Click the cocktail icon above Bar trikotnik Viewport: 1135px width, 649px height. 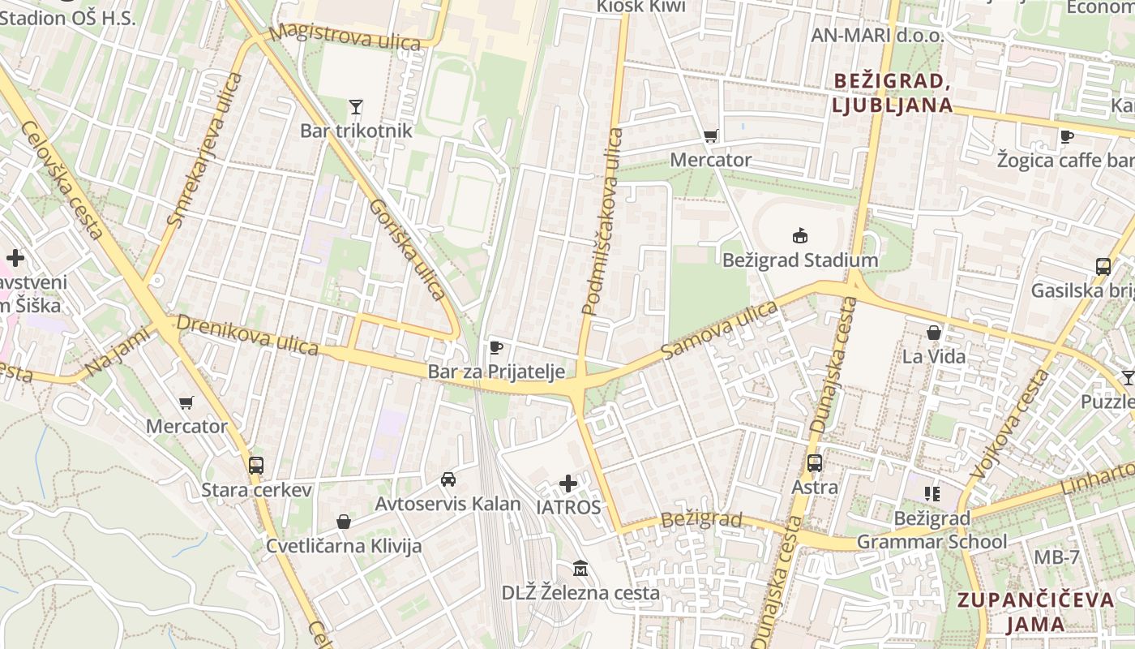click(x=355, y=106)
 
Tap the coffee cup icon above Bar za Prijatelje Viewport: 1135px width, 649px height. click(x=496, y=348)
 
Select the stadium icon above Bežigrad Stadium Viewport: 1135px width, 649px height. click(x=800, y=236)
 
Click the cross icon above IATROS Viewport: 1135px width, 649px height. click(x=568, y=484)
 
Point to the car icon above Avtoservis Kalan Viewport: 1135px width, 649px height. click(x=448, y=479)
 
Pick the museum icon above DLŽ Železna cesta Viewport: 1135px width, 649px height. click(x=580, y=568)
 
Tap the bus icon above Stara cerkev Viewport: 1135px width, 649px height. click(x=256, y=466)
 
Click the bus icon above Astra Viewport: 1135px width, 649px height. click(x=815, y=463)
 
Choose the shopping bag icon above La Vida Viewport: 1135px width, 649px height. click(x=934, y=333)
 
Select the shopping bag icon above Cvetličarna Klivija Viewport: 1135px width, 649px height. click(x=344, y=522)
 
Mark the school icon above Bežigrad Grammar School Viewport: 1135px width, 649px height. click(x=932, y=493)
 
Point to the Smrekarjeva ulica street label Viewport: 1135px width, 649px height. click(x=204, y=150)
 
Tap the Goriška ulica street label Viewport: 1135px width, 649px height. click(x=408, y=249)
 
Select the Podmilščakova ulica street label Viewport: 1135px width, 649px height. click(x=602, y=221)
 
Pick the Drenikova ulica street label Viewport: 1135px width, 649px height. click(x=247, y=334)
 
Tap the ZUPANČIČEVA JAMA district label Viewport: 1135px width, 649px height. click(x=1036, y=612)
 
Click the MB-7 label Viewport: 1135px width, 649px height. click(x=1056, y=557)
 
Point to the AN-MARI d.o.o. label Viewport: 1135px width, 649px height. click(x=877, y=36)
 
